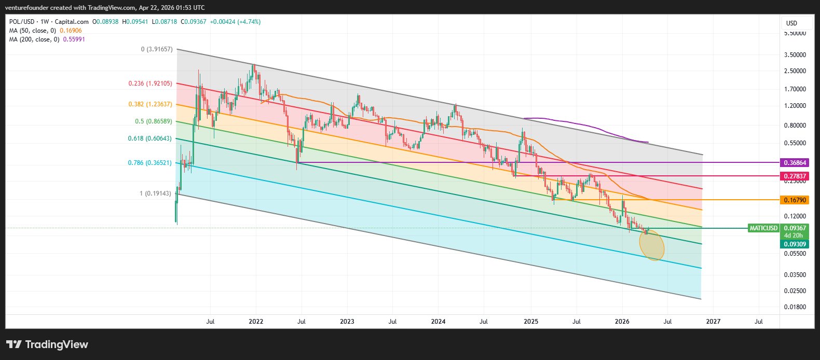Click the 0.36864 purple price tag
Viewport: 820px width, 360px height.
[794, 162]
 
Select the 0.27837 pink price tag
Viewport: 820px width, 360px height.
[794, 176]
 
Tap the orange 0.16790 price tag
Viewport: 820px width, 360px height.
[794, 200]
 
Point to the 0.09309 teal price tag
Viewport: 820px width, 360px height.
[794, 244]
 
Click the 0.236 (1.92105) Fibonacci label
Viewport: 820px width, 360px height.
[150, 84]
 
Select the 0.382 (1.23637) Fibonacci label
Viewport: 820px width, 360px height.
[150, 104]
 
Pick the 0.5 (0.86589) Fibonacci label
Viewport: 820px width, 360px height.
[154, 121]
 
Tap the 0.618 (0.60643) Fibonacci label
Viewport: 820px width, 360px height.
[150, 139]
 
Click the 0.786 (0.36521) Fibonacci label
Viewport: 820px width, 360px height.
[150, 163]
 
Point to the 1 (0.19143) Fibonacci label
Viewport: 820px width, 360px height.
[155, 193]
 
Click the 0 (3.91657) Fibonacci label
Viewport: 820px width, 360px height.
[157, 49]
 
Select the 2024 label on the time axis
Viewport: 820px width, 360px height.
[438, 322]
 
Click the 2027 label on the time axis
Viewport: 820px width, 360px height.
[713, 322]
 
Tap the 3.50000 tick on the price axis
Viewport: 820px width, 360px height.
[795, 54]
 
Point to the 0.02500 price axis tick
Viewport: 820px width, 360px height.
[795, 290]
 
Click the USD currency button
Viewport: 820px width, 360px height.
[791, 23]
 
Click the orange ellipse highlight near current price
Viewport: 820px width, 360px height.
[652, 245]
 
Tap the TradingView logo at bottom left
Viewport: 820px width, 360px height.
[47, 344]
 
